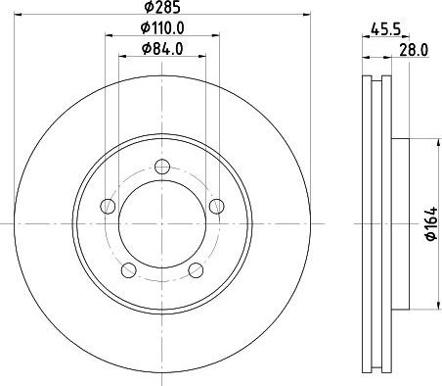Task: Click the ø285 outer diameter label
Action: tap(163, 9)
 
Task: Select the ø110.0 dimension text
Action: tap(162, 28)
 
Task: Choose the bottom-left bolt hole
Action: tap(129, 269)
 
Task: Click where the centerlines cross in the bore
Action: tap(162, 224)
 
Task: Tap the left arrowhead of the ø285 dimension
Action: tap(21, 18)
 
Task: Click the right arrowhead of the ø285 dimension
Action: tap(306, 18)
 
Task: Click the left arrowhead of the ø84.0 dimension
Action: tap(123, 56)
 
